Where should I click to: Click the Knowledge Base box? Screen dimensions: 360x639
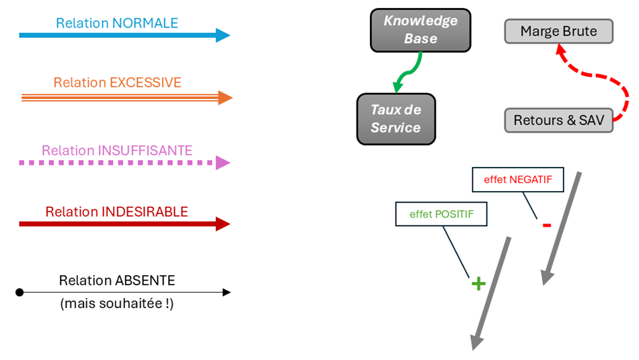click(x=420, y=30)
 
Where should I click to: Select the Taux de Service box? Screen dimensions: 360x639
click(x=396, y=118)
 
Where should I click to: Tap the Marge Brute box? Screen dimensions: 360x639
click(x=558, y=32)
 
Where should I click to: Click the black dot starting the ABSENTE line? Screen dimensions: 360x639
click(x=20, y=292)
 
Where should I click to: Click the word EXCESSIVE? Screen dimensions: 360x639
click(x=145, y=83)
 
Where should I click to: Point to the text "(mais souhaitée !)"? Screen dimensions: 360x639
click(x=117, y=303)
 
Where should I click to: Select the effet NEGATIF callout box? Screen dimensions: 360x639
click(x=518, y=180)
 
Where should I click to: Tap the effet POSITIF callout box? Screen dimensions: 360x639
click(x=441, y=214)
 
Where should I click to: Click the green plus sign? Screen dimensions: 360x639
click(x=478, y=283)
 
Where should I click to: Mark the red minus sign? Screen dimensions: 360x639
click(x=546, y=225)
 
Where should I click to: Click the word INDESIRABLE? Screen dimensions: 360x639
click(x=145, y=212)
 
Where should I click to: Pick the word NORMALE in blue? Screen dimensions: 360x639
click(x=145, y=23)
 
